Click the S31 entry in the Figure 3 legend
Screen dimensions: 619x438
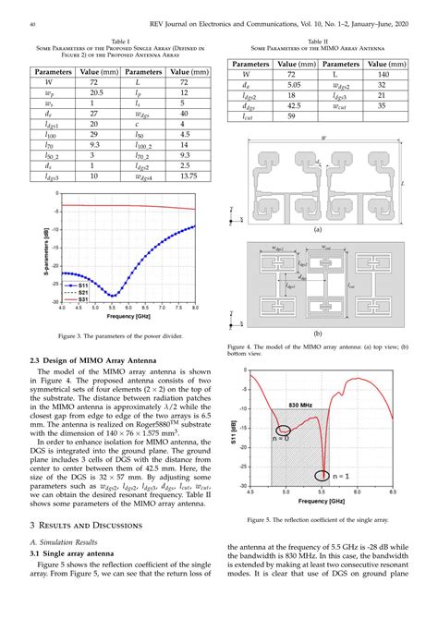pyautogui.click(x=82, y=300)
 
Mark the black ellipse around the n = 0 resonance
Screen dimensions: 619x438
pyautogui.click(x=286, y=430)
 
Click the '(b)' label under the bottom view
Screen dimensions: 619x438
pyautogui.click(x=317, y=331)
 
